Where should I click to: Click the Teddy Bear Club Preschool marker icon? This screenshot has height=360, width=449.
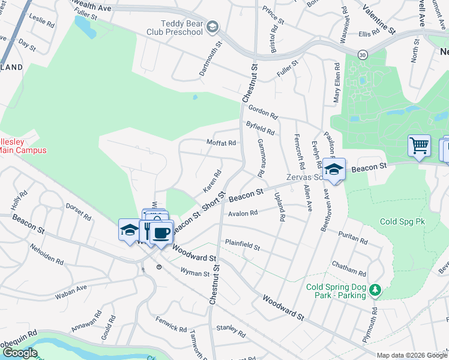pyautogui.click(x=212, y=27)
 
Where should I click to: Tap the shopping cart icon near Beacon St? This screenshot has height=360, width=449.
pyautogui.click(x=419, y=145)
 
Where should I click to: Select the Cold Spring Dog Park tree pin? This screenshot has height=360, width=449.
pyautogui.click(x=375, y=290)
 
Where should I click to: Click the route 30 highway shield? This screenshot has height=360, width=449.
pyautogui.click(x=362, y=55)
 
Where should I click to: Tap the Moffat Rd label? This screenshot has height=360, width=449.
pyautogui.click(x=221, y=143)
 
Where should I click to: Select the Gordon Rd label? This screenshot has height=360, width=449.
pyautogui.click(x=263, y=112)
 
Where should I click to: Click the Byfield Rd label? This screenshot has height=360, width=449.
pyautogui.click(x=261, y=127)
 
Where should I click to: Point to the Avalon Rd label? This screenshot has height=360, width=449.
pyautogui.click(x=243, y=212)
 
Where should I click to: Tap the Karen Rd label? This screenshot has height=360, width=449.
pyautogui.click(x=212, y=181)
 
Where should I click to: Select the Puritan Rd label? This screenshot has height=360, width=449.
pyautogui.click(x=353, y=238)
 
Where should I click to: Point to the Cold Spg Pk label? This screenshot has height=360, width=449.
pyautogui.click(x=402, y=221)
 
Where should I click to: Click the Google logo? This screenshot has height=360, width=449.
pyautogui.click(x=20, y=353)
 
